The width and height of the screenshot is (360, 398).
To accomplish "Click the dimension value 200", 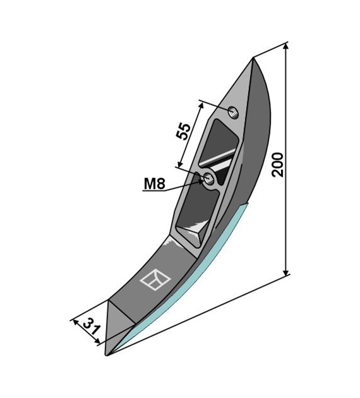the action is [x=277, y=165].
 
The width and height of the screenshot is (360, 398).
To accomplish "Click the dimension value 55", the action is [x=183, y=131].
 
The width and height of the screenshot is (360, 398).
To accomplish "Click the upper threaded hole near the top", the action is [x=234, y=112].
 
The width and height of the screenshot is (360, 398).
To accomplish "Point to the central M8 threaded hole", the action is [x=209, y=179].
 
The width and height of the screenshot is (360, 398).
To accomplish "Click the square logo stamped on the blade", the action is [x=155, y=279].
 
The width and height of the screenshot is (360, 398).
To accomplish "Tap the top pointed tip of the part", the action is [x=253, y=58].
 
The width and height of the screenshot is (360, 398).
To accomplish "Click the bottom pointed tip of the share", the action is [x=107, y=355].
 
